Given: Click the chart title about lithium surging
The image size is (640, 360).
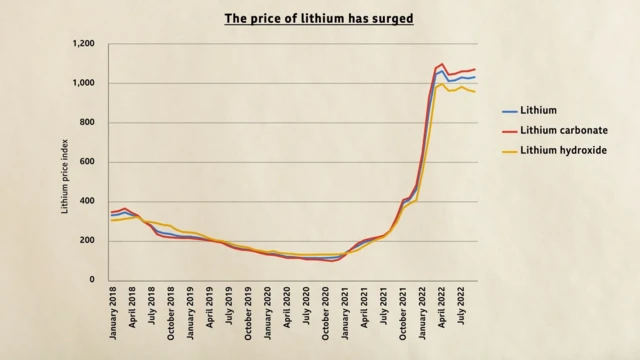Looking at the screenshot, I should click(320, 18).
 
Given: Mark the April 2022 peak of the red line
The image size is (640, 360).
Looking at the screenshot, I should click(443, 64).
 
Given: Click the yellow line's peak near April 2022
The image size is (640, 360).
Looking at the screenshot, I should click(443, 84).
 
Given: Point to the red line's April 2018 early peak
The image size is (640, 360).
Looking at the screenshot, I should click(124, 208).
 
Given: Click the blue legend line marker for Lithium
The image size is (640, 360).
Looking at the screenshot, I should click(508, 111).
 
